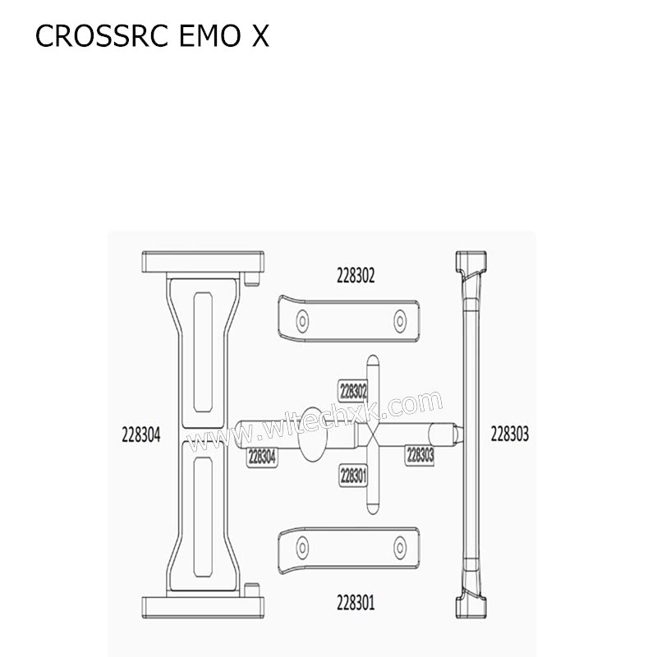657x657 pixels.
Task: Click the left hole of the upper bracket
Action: [x=302, y=319]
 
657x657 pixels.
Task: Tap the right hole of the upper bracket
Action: [x=400, y=319]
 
